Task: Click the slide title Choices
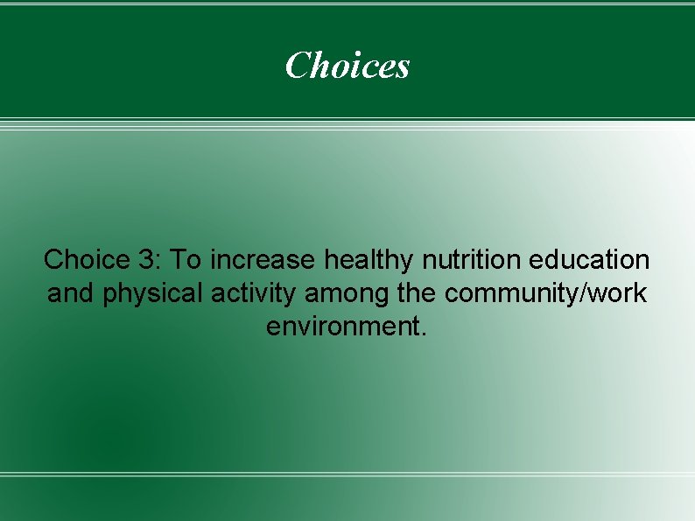click(x=347, y=65)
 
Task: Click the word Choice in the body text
click(x=82, y=259)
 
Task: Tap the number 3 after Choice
click(x=144, y=259)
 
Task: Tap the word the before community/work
click(x=416, y=292)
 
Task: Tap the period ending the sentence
click(x=425, y=333)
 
